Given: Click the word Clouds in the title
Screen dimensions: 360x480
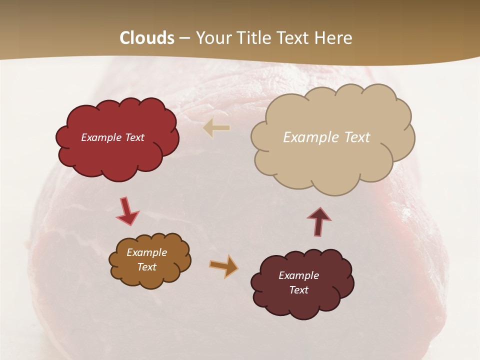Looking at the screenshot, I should tap(147, 38).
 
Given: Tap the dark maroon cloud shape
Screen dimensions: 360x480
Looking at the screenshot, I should tap(302, 305).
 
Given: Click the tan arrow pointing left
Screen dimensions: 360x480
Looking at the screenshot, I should tap(216, 128).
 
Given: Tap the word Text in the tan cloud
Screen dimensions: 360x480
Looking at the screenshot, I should tap(356, 137).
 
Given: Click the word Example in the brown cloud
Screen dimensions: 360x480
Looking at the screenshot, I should tap(146, 252).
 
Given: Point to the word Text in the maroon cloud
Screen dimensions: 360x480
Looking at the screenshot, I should tap(299, 290).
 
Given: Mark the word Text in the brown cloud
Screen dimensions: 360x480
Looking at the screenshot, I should tap(147, 267).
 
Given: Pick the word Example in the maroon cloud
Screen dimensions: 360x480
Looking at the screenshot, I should tap(298, 275).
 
